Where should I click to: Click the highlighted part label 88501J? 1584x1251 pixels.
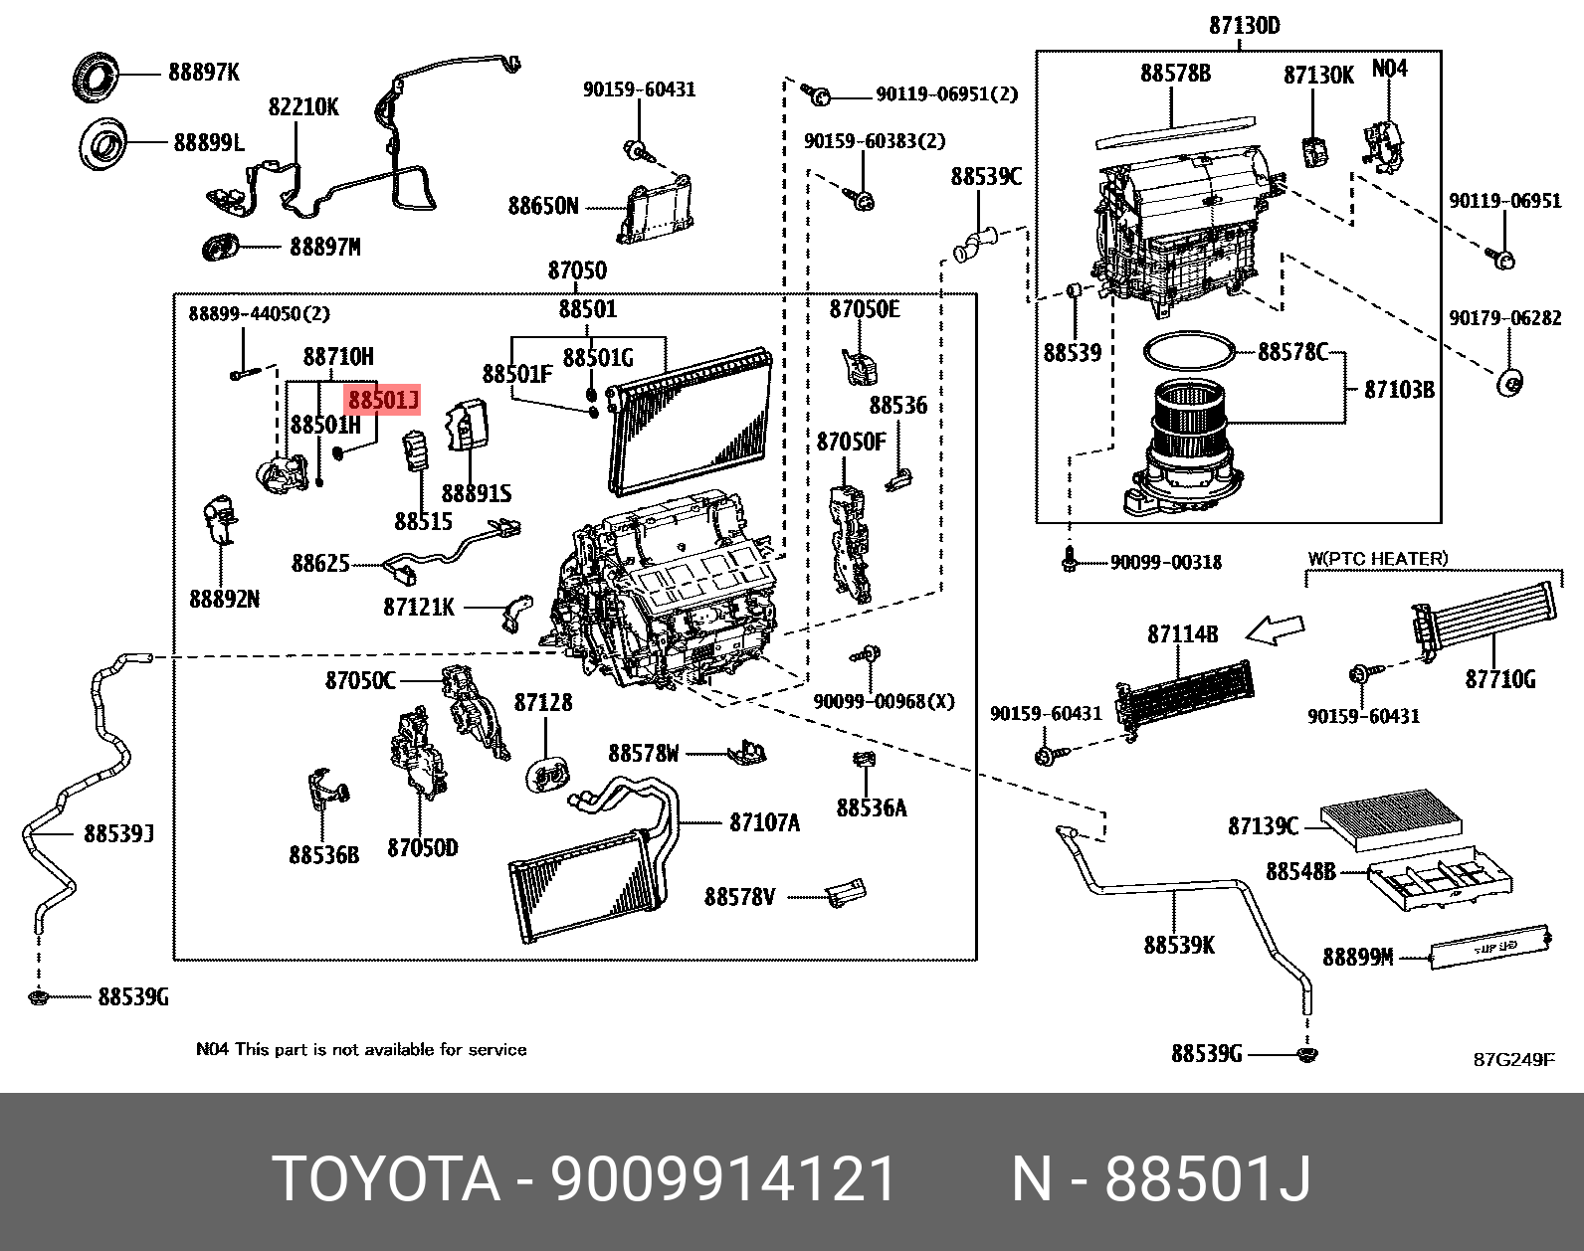pos(383,400)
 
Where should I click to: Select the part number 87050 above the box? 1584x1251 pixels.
pos(576,270)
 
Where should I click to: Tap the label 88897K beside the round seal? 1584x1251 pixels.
pos(203,73)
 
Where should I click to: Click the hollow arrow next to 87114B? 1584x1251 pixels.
pos(1275,629)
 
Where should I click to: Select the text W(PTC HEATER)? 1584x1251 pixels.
pos(1377,559)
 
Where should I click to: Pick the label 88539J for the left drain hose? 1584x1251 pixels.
pos(118,833)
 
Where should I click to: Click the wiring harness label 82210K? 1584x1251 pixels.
pos(303,106)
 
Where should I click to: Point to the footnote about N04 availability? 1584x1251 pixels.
pos(361,1049)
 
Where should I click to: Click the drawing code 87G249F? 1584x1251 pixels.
pos(1513,1059)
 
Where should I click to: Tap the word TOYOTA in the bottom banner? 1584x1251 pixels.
pos(386,1179)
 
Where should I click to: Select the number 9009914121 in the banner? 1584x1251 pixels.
pos(723,1179)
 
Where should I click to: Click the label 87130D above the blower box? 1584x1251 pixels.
pos(1244,26)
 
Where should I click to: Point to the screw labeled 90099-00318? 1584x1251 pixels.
pos(1070,559)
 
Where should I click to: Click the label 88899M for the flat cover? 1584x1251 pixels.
pos(1357,957)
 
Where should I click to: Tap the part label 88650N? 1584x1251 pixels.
pos(542,206)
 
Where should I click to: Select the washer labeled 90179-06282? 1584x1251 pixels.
pos(1510,382)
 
